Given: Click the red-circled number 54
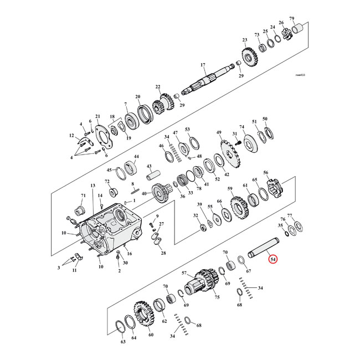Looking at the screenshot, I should coord(272,259).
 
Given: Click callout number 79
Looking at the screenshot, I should coord(307,19).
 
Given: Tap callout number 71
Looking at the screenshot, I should coord(84,196).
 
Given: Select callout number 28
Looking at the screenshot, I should coord(163,253).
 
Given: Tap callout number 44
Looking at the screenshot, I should coord(136,157).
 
